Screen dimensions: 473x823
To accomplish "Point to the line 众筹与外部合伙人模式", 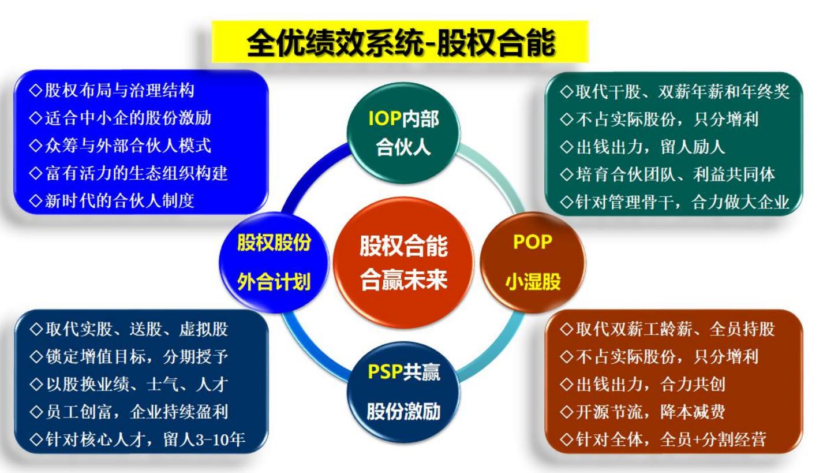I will coord(120,146).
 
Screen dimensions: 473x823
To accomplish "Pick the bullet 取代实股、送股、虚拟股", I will coord(129,330).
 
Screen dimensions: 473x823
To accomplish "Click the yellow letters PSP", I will coord(384,373).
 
